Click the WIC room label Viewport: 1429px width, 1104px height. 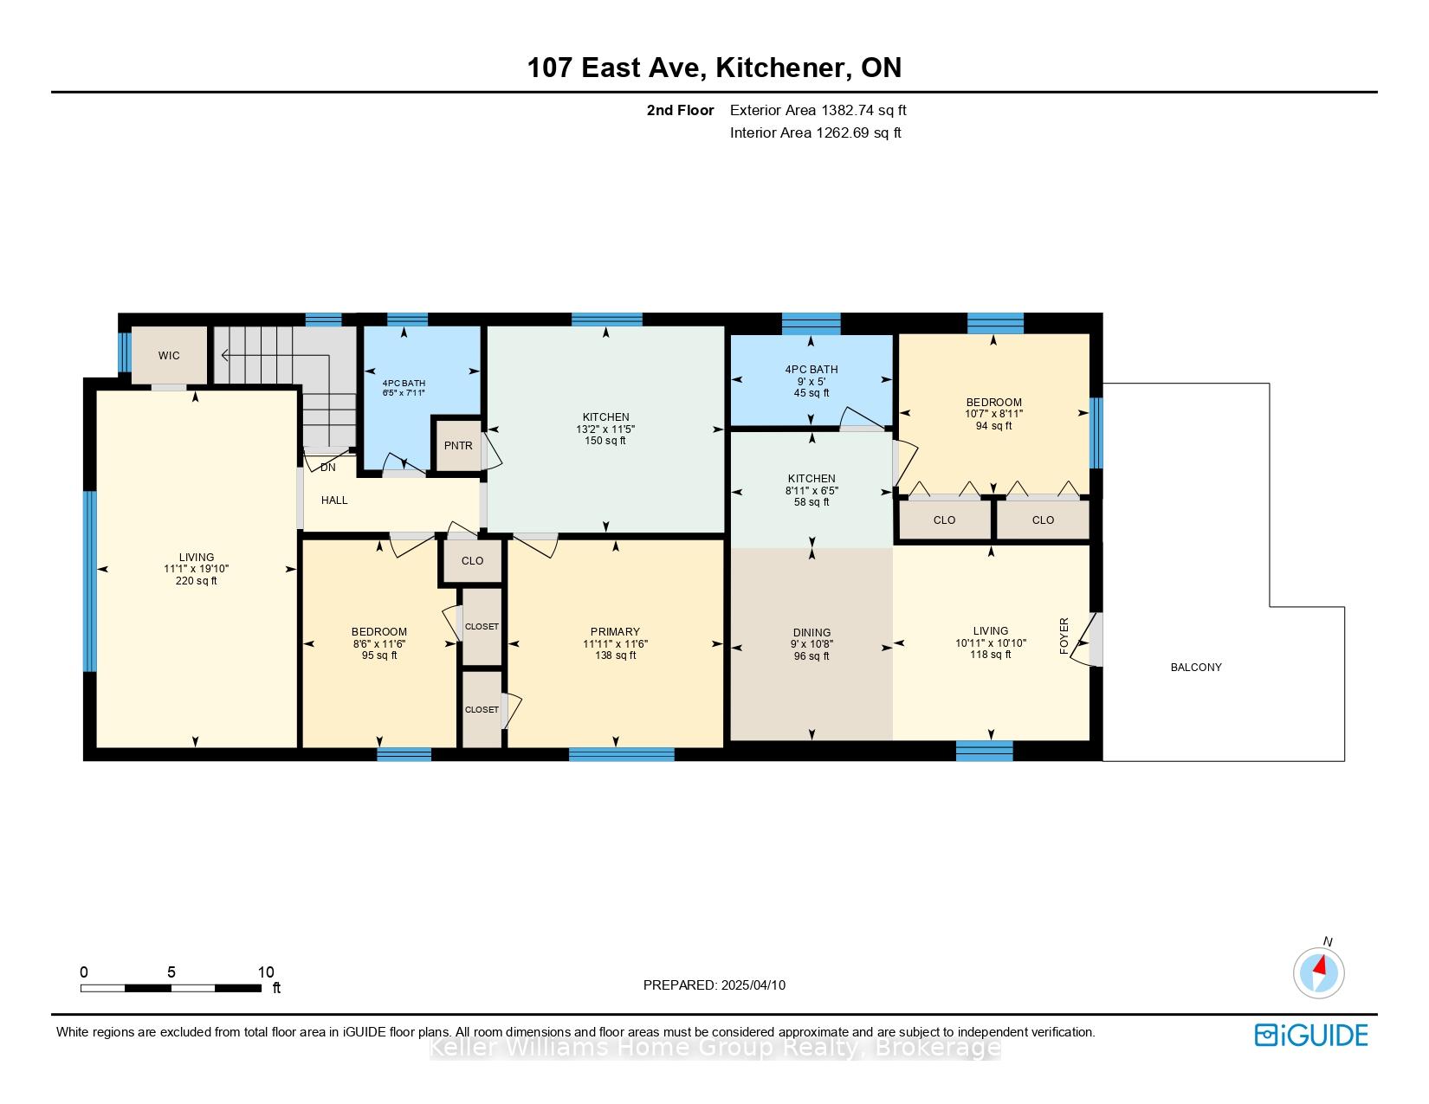pyautogui.click(x=168, y=356)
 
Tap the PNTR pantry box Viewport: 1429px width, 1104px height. pyautogui.click(x=457, y=445)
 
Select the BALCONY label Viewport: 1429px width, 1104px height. pyautogui.click(x=1195, y=668)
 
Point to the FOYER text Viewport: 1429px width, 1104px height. pyautogui.click(x=1064, y=636)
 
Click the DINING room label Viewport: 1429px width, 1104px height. pyautogui.click(x=811, y=633)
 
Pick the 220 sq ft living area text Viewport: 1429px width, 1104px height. pyautogui.click(x=196, y=581)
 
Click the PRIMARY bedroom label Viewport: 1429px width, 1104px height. pyautogui.click(x=615, y=632)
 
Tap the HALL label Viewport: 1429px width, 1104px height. pyautogui.click(x=334, y=500)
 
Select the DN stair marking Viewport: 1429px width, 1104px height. pyautogui.click(x=327, y=468)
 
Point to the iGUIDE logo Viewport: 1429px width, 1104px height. pyautogui.click(x=1311, y=1035)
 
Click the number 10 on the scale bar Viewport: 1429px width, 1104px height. pyautogui.click(x=266, y=972)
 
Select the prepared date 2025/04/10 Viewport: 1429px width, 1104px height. pyautogui.click(x=753, y=985)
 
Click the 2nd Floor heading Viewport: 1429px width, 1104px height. pyautogui.click(x=680, y=111)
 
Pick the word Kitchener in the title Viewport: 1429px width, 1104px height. pyautogui.click(x=780, y=68)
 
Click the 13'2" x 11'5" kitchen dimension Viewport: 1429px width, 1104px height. pyautogui.click(x=605, y=429)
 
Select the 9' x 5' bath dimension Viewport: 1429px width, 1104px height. pyautogui.click(x=811, y=381)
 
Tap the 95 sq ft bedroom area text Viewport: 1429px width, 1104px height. pyautogui.click(x=379, y=655)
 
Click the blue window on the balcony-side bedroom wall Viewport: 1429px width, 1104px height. pyautogui.click(x=1096, y=433)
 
